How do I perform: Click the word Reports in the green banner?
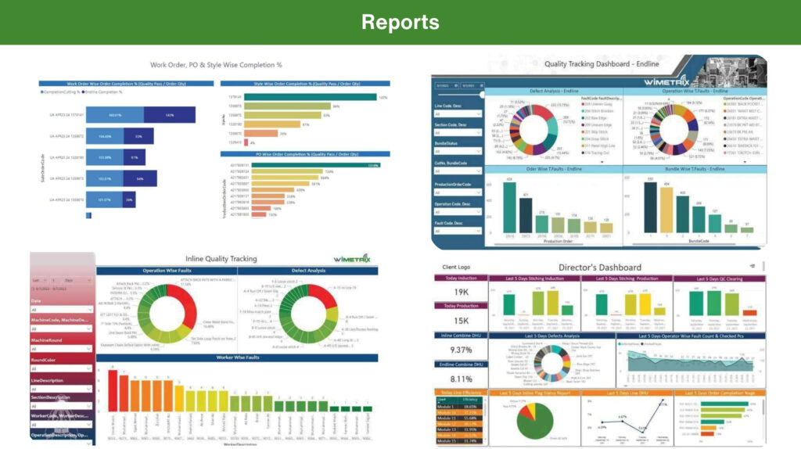click(x=400, y=22)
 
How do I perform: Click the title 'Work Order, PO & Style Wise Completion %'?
click(x=216, y=65)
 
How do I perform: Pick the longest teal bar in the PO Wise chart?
click(x=308, y=165)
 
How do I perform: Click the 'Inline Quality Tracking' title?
click(x=221, y=259)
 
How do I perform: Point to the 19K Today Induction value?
click(x=460, y=293)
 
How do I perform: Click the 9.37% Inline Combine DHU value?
click(x=460, y=350)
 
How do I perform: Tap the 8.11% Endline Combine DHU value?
click(x=460, y=378)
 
